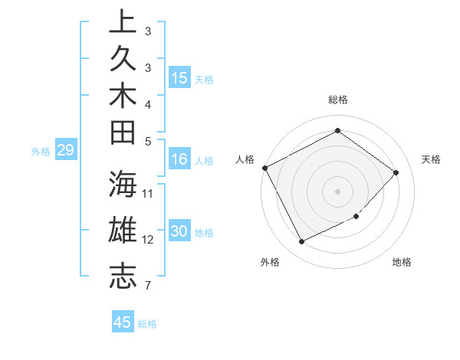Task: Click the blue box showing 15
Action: pyautogui.click(x=179, y=78)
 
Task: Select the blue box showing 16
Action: pyautogui.click(x=179, y=160)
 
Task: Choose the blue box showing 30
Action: pyautogui.click(x=179, y=232)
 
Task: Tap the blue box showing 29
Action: pyautogui.click(x=65, y=151)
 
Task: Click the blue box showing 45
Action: pyautogui.click(x=123, y=322)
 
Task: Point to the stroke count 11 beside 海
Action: pyautogui.click(x=148, y=193)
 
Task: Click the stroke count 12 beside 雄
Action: pyautogui.click(x=148, y=240)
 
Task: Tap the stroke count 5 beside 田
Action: pyautogui.click(x=147, y=141)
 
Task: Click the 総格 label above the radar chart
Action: pyautogui.click(x=337, y=100)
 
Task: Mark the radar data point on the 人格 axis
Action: pyautogui.click(x=265, y=168)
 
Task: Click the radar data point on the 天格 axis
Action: pyautogui.click(x=396, y=172)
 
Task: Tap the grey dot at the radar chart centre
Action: pyautogui.click(x=337, y=191)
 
